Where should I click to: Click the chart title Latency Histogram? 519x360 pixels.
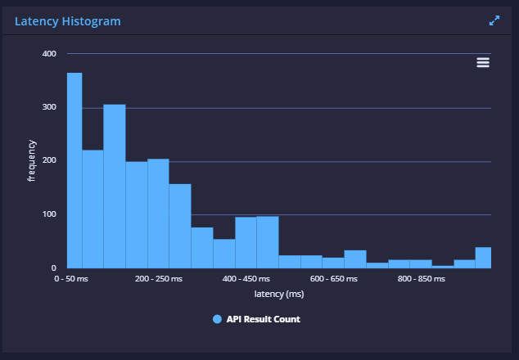coord(68,21)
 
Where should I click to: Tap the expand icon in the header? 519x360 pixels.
coord(494,21)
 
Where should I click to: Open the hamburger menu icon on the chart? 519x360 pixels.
coord(483,62)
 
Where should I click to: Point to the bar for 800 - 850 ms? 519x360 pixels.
coord(421,263)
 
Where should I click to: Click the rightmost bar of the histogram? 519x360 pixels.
coord(483,257)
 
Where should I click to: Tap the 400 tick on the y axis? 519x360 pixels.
coord(49,54)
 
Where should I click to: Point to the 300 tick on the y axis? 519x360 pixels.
coord(49,107)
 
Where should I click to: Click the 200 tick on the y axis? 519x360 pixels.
coord(49,160)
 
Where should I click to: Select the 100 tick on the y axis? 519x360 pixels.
coord(49,214)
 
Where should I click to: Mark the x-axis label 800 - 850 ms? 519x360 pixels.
coord(421,279)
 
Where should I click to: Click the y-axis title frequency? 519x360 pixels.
coord(32,160)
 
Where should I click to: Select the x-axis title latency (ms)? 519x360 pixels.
coord(279,294)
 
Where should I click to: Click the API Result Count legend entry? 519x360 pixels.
coord(256,319)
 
